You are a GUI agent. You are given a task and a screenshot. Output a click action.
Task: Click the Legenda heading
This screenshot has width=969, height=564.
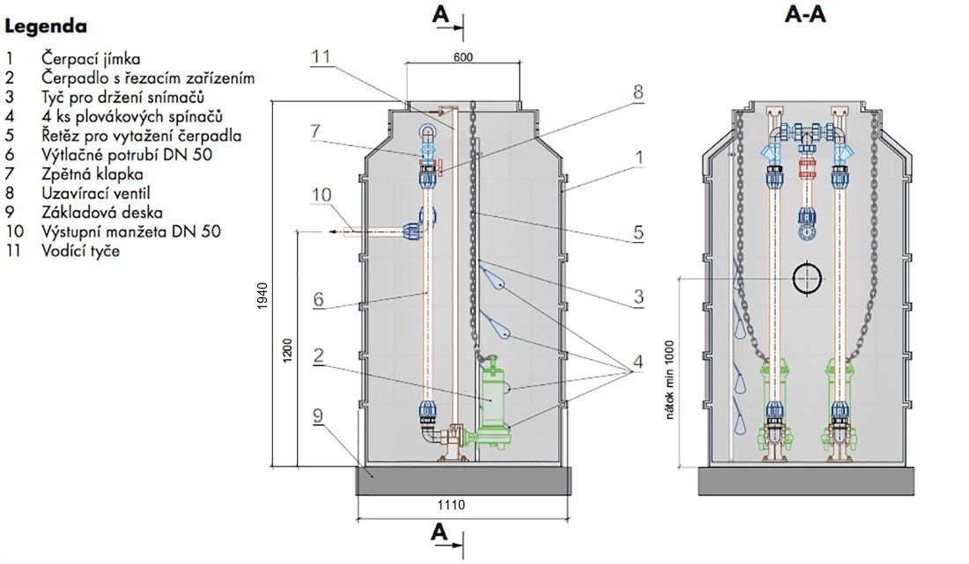46,26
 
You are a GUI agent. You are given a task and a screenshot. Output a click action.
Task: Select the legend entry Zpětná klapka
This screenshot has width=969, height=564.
92,174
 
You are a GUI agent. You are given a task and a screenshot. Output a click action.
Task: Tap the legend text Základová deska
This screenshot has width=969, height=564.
102,212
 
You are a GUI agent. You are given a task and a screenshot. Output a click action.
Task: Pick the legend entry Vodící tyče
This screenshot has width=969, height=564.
80,251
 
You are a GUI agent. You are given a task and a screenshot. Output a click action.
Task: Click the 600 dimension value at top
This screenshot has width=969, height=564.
462,57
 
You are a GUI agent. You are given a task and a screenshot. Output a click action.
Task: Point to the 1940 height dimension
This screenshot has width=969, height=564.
263,296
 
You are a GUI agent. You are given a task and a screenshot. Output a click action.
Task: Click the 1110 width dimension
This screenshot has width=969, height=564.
451,505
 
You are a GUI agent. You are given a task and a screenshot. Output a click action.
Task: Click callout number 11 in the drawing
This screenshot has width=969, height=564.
321,57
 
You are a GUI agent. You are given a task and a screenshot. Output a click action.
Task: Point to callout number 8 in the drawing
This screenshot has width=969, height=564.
638,92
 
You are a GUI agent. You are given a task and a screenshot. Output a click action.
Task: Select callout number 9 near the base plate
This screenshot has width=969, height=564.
318,415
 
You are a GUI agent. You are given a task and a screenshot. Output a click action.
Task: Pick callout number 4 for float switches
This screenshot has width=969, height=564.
637,362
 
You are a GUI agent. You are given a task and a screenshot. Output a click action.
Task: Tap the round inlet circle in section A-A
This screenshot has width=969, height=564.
809,279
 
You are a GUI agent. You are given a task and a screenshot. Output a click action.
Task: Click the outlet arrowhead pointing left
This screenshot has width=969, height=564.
333,232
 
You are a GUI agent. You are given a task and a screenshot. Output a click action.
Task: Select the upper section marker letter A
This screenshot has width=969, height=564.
440,14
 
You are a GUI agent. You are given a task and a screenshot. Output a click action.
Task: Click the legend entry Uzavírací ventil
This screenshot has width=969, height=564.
96,194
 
